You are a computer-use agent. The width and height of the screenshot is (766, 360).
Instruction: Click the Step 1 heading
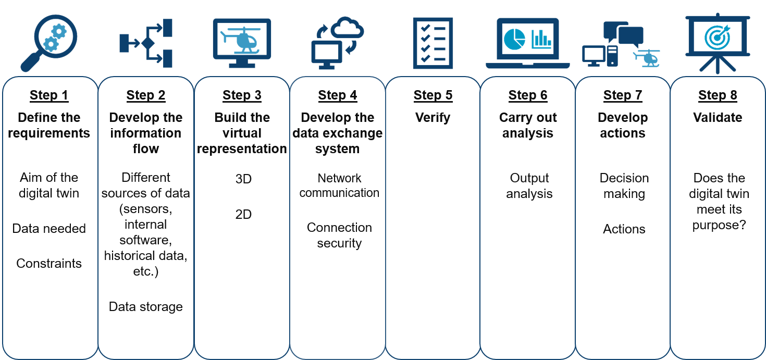(49, 95)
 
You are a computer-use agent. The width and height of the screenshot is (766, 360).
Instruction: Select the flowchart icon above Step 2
(146, 43)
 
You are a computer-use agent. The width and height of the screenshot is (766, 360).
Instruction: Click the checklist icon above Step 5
(433, 43)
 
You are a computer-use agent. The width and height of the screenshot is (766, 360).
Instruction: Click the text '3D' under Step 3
(243, 179)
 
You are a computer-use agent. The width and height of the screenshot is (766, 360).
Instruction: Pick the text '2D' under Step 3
(243, 214)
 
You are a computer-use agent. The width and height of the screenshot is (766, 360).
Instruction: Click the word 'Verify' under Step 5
(433, 118)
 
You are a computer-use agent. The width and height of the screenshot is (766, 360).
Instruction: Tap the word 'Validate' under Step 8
(718, 118)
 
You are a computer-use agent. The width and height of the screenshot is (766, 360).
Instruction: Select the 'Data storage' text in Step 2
(146, 307)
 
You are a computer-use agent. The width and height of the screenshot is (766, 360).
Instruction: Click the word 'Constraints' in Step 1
(49, 264)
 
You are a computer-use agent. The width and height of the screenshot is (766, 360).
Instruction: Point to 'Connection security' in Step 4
(339, 235)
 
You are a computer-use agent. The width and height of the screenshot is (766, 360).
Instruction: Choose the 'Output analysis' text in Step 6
(529, 186)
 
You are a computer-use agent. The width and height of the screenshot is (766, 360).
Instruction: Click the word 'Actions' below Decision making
(624, 229)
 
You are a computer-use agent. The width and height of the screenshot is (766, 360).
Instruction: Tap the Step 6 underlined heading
(528, 95)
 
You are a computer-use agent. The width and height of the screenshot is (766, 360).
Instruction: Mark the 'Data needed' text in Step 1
(49, 229)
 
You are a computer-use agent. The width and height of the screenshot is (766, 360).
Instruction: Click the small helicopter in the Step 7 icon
(648, 57)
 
